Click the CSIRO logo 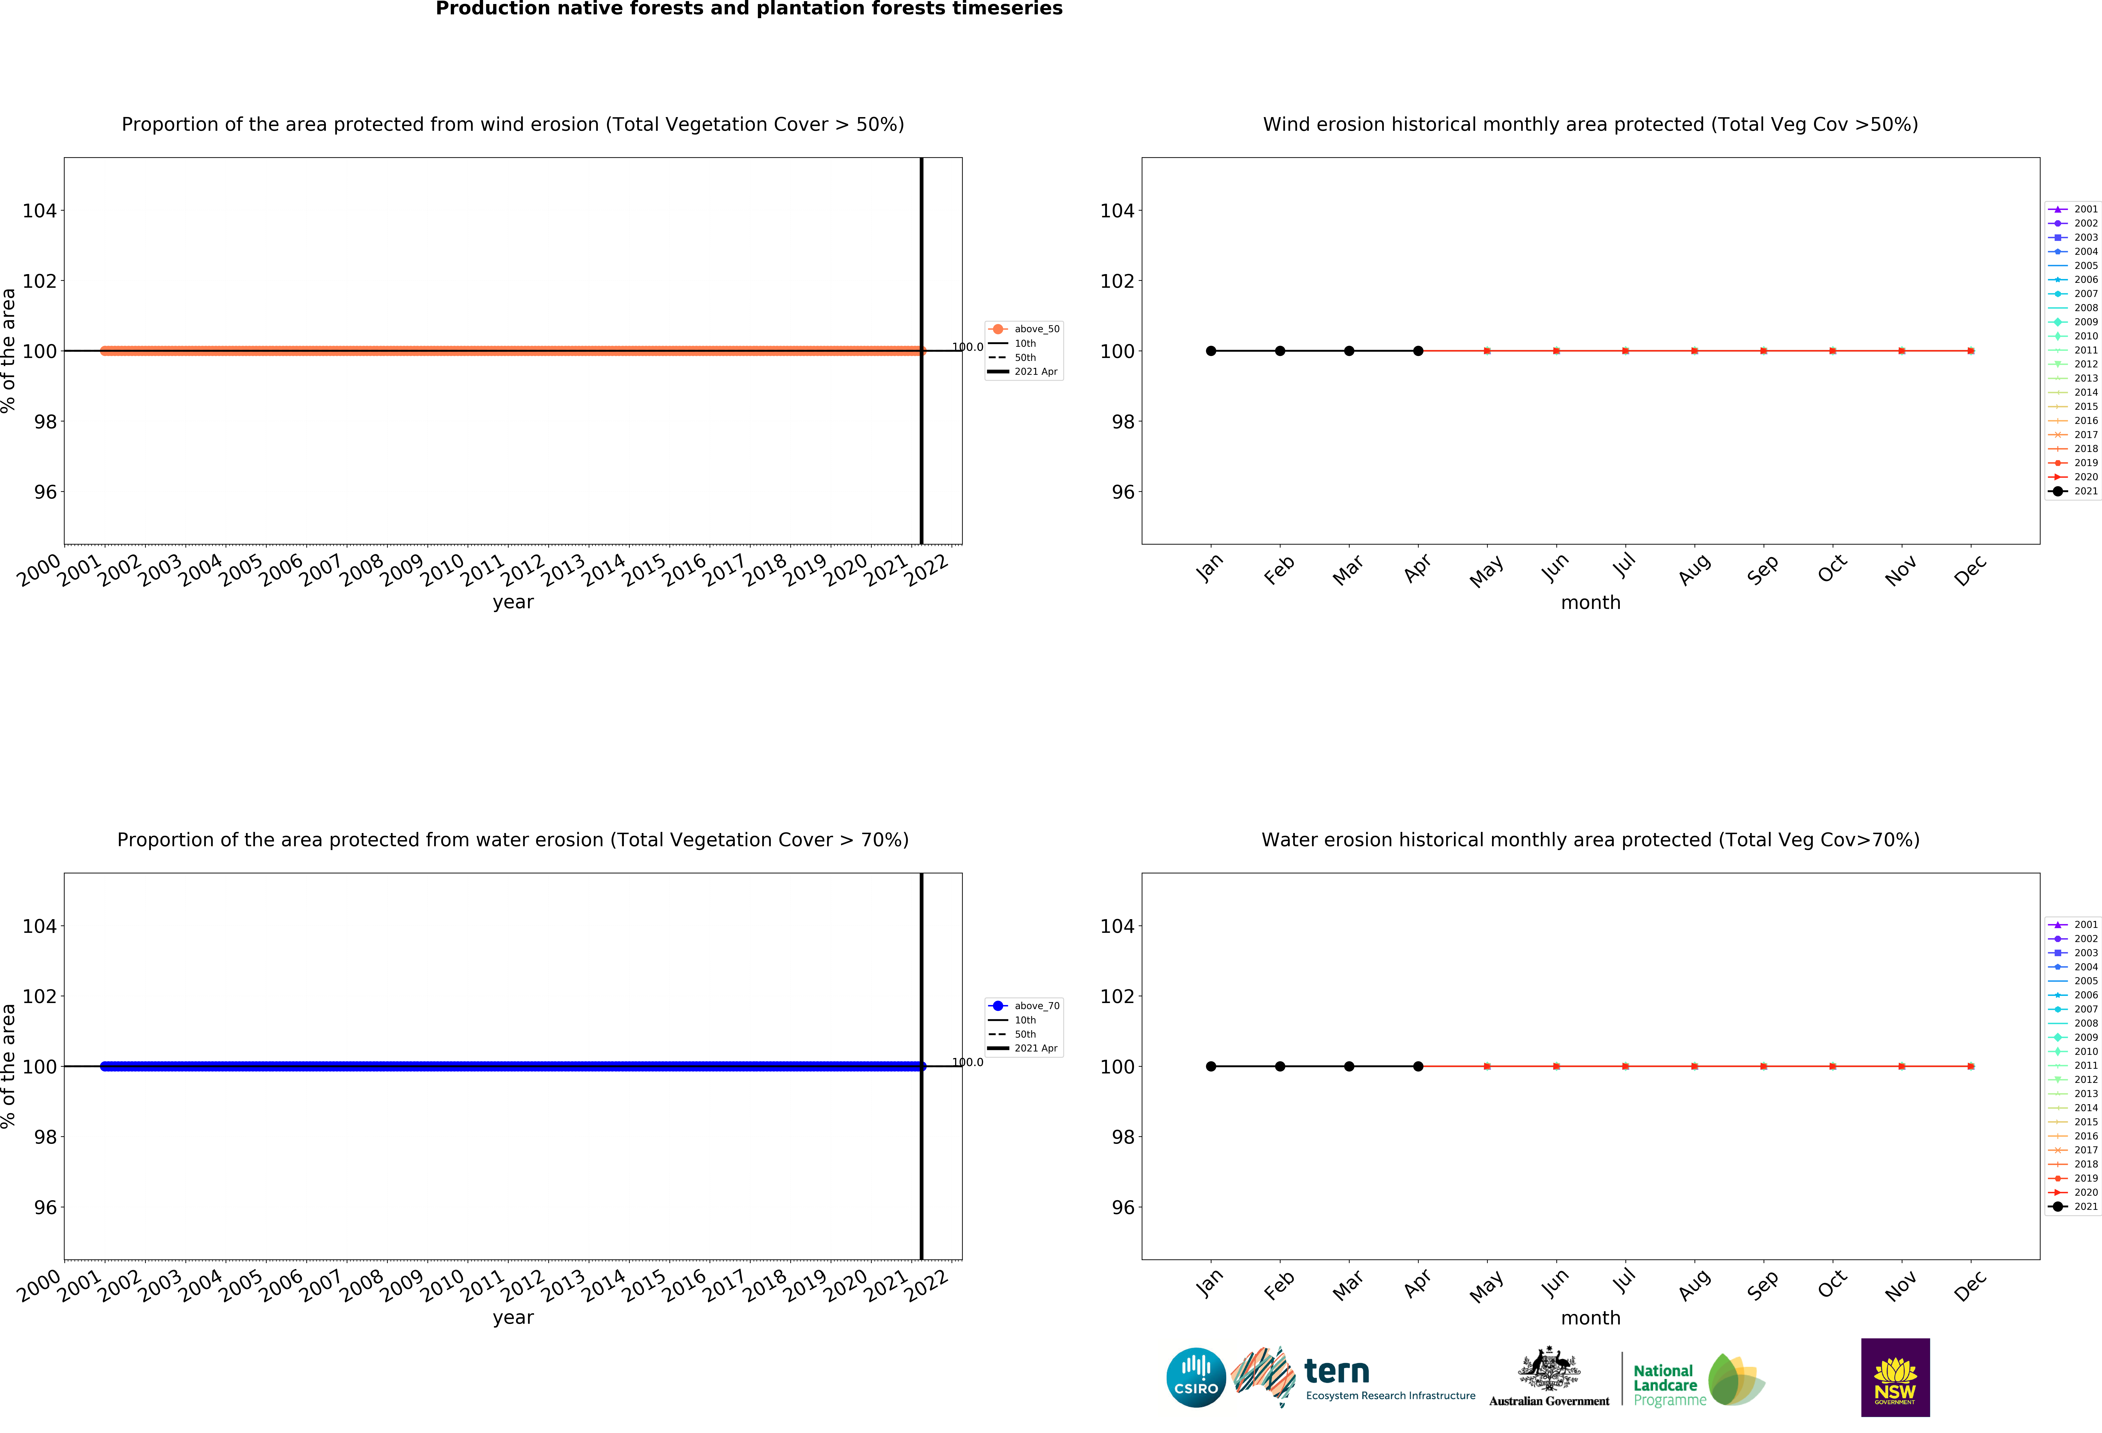tap(1196, 1377)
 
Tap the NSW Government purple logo tap(1895, 1377)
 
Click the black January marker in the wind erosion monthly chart tap(1211, 351)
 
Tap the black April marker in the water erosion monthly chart tap(1418, 1067)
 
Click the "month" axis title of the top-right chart tap(1590, 602)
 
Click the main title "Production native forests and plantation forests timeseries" tap(749, 9)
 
